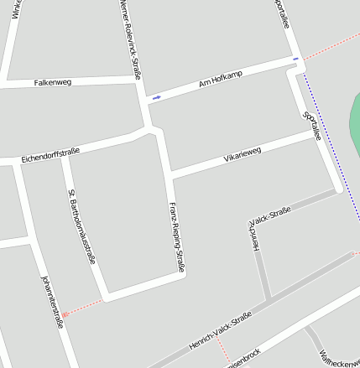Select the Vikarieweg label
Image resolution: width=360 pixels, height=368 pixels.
coord(243,153)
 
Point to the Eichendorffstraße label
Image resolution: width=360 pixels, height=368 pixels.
coord(50,155)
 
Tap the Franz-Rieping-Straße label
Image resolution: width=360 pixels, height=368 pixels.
coord(176,237)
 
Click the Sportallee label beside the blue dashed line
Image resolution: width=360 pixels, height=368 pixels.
coord(312,126)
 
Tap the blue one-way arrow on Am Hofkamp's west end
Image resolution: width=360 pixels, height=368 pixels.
coord(156,98)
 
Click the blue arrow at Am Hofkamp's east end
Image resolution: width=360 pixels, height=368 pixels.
coord(295,59)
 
